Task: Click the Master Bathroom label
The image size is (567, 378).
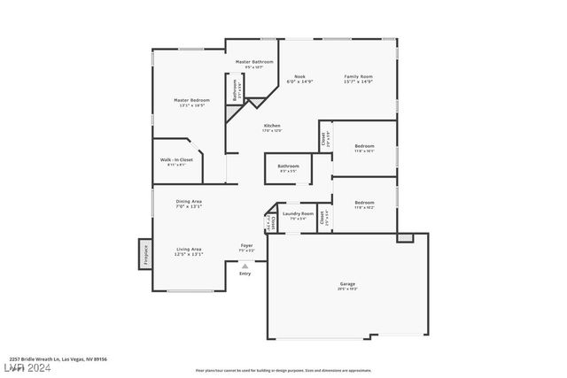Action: coord(247,62)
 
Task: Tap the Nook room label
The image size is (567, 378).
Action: coord(300,77)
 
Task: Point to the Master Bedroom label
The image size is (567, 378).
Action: coord(190,100)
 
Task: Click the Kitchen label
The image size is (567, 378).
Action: coord(272,126)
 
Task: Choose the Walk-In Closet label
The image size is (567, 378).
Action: coord(176,159)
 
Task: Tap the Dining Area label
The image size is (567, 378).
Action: coord(189,202)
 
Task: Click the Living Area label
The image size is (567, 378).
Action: coord(188,249)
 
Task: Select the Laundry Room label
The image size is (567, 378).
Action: coord(298,213)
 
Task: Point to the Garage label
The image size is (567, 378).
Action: coord(347,284)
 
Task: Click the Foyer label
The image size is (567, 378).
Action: coord(247,245)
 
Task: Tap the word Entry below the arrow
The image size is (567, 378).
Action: coord(245,274)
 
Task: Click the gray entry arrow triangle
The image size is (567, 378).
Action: coord(245,266)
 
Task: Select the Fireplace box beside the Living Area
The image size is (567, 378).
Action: coord(144,254)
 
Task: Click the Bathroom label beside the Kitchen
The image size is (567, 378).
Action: coord(288,166)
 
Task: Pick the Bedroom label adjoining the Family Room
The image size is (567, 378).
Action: coord(364,146)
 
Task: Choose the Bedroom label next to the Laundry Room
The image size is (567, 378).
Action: coord(364,202)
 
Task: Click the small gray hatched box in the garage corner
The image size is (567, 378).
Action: coord(405,237)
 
